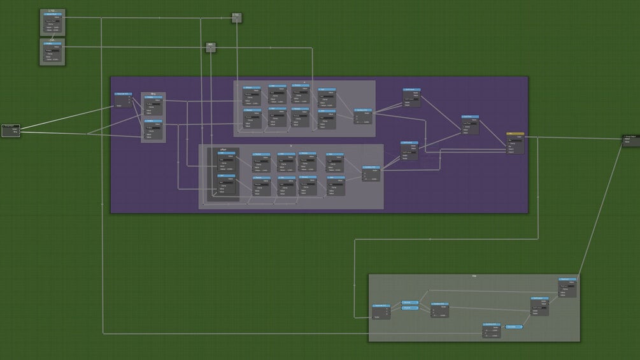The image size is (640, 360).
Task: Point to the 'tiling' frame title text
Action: coord(153,94)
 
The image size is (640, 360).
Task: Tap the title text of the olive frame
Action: coord(474,276)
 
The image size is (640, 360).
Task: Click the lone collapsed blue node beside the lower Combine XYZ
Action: coord(514,327)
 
